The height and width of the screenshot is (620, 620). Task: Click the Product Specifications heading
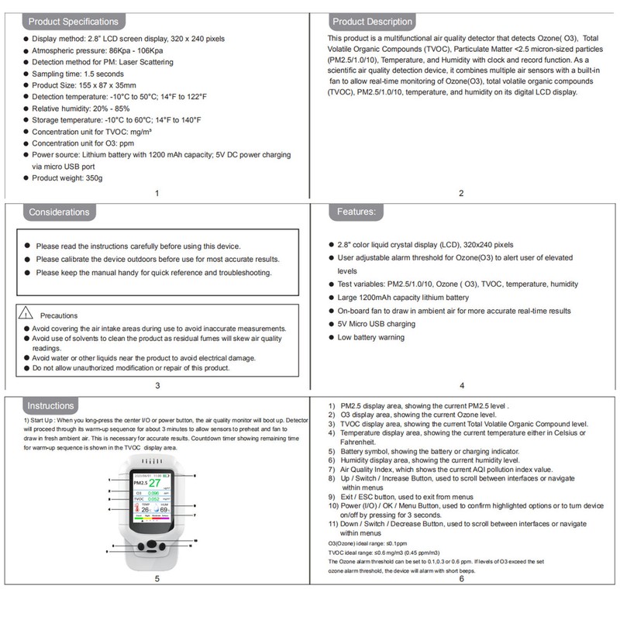point(74,22)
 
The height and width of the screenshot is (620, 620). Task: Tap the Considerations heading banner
point(59,212)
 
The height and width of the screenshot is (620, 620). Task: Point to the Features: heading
point(356,212)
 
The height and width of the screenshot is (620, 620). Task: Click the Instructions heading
point(51,405)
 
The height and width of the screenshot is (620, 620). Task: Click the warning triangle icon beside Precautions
point(26,315)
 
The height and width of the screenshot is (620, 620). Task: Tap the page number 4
point(462,385)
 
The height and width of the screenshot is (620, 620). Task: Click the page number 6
point(462,578)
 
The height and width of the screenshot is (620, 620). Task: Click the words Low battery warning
point(370,337)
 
